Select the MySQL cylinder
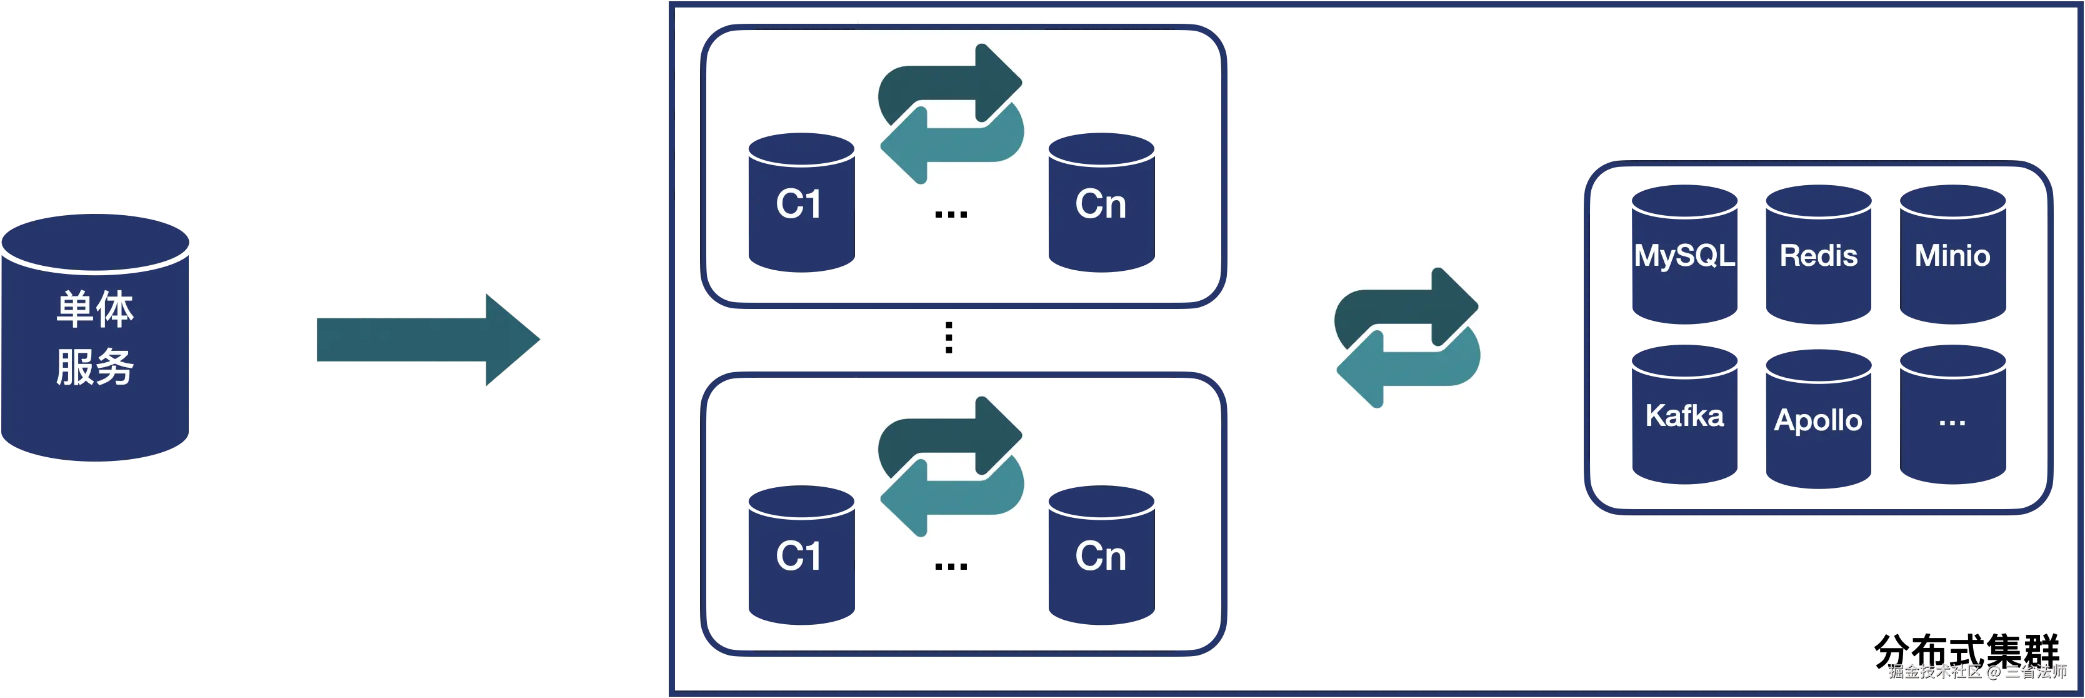pos(1684,256)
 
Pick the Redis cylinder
pos(1819,256)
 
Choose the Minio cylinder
pos(1952,256)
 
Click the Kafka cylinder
pos(1684,415)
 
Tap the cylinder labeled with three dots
pos(1952,418)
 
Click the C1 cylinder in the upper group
pos(799,204)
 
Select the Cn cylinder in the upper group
pos(1101,204)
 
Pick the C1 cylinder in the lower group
pos(799,556)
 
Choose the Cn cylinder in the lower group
pos(1101,556)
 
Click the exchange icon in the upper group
pos(950,115)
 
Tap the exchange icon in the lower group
pos(950,468)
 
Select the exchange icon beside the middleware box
pos(1407,338)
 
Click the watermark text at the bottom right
pos(1976,670)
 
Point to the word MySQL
pos(1684,256)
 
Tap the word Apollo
pos(1819,420)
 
